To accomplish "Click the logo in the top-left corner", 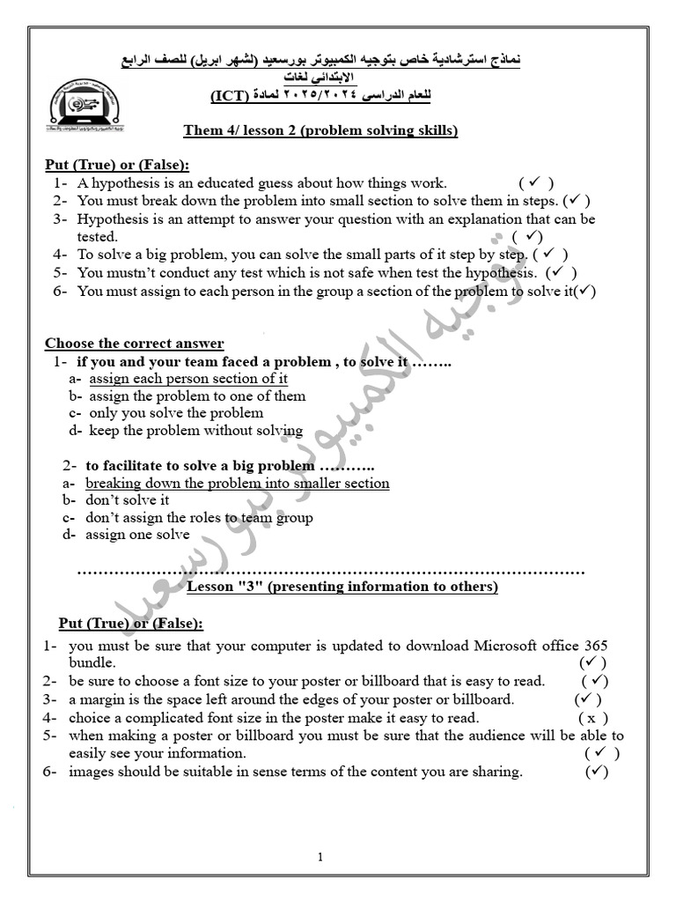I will click(86, 110).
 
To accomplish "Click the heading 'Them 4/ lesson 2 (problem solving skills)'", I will click(320, 131).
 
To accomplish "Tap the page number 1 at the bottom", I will click(320, 857).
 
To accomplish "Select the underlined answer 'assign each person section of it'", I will click(188, 379).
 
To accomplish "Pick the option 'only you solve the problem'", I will click(176, 413).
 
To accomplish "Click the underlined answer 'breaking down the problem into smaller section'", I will click(237, 484).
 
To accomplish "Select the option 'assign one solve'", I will click(137, 535).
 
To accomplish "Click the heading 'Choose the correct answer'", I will click(135, 344).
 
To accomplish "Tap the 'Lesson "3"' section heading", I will click(343, 587).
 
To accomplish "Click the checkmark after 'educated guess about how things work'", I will click(535, 183).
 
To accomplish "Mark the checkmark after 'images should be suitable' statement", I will click(597, 772).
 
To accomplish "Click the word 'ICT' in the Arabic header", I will click(229, 96).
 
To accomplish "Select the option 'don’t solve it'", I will click(128, 500).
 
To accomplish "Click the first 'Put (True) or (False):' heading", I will click(117, 165).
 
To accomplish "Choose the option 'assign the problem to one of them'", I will click(197, 396).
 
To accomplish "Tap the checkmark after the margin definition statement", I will click(587, 699).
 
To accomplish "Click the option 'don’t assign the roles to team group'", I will click(199, 518).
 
